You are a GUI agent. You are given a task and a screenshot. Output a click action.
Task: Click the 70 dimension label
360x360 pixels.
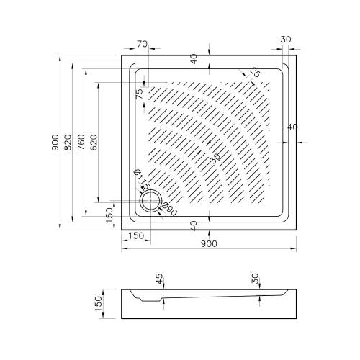coord(142,44)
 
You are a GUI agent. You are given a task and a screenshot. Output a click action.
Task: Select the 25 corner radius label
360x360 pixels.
coord(255,72)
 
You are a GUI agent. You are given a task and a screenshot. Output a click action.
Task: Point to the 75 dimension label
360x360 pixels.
coord(139,94)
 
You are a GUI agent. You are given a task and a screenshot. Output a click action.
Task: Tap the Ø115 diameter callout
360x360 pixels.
coord(142,179)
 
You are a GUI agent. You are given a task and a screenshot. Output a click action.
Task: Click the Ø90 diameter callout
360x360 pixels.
coord(169,210)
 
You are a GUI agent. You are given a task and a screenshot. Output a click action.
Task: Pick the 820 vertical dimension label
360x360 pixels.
coord(68,143)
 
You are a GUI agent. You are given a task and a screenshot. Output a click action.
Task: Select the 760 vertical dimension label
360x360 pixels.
coord(81,143)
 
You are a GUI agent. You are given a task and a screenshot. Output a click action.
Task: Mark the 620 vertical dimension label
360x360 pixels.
coord(94,143)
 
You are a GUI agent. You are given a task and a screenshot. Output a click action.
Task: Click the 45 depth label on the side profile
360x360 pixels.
coord(160,279)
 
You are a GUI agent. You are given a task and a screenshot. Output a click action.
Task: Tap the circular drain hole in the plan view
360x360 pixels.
coord(151,200)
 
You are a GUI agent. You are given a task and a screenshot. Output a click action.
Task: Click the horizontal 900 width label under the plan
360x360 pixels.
coord(209,244)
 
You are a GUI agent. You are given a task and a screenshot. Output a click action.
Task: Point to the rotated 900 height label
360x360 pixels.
coord(55,143)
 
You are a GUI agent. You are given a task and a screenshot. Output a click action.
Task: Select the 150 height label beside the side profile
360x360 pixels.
coord(99,304)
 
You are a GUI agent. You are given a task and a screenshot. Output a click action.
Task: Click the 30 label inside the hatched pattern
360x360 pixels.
coord(216,158)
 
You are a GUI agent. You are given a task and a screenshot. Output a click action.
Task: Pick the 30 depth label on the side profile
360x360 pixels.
coord(256,279)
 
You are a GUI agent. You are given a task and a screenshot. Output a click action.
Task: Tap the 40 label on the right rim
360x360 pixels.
coord(292,127)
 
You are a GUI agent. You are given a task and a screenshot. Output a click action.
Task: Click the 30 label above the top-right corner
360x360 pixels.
coord(286,40)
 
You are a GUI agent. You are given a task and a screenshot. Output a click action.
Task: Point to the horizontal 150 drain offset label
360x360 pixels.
coord(136,235)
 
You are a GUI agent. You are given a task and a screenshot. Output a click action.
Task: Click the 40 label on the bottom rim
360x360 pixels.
coord(194,225)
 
